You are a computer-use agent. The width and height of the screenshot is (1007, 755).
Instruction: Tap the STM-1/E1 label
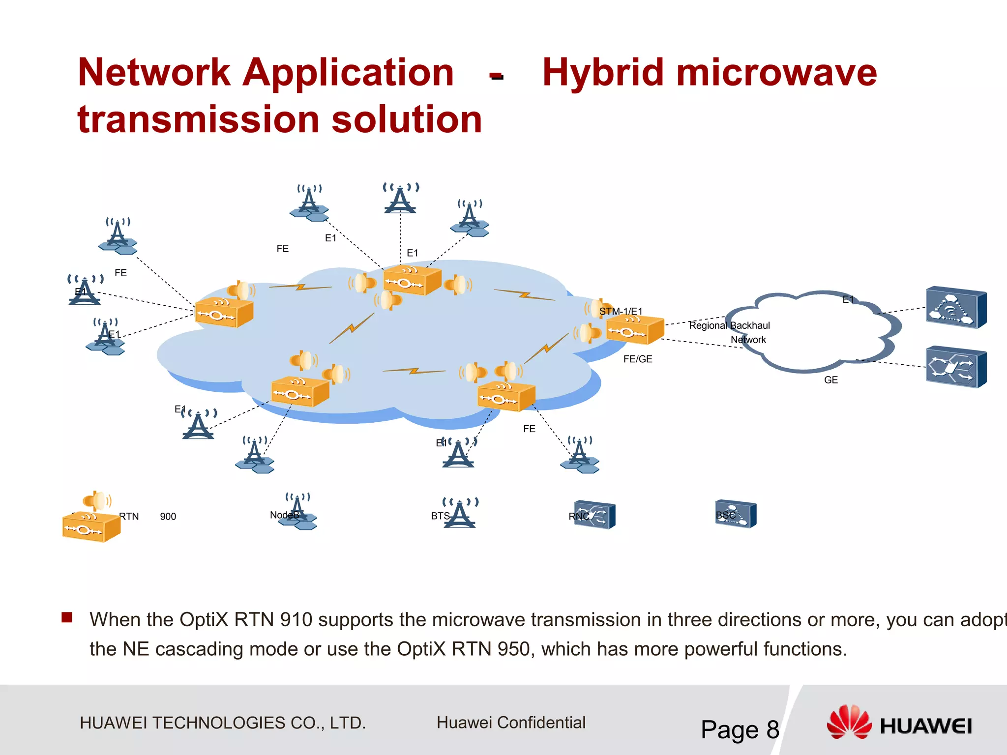coord(621,311)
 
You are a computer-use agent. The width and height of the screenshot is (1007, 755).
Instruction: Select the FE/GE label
coord(638,359)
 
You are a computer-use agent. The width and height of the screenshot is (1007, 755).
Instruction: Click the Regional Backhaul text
coord(729,325)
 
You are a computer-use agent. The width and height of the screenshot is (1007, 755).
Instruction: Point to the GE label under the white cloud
coord(831,380)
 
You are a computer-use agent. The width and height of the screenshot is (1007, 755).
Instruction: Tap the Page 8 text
coord(740,729)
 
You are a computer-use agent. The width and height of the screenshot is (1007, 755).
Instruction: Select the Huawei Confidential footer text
coord(511,723)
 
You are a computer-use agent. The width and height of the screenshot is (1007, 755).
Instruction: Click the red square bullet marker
coord(67,617)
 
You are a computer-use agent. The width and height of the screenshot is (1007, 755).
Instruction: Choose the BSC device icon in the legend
coord(736,514)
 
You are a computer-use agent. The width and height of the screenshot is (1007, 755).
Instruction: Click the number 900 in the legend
coord(168,517)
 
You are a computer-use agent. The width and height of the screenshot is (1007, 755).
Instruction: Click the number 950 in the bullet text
coord(516,649)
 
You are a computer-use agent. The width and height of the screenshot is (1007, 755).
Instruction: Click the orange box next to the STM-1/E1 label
coord(634,330)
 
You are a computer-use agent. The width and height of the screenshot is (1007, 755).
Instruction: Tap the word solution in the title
coord(407,119)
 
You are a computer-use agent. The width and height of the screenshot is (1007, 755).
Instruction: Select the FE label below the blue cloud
coord(529,429)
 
